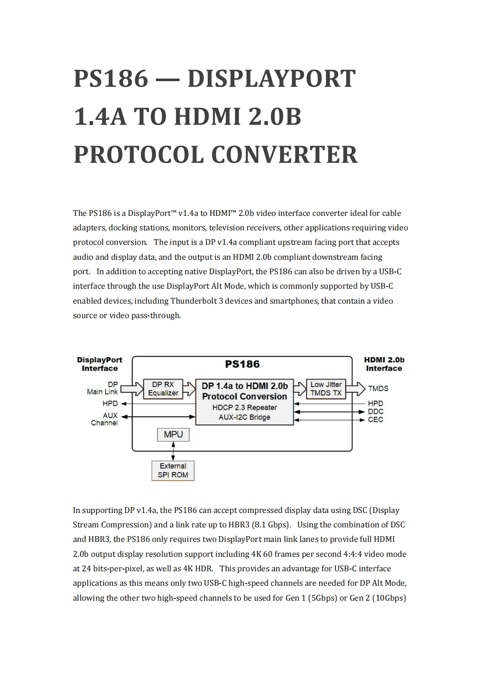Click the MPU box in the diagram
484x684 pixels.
173,434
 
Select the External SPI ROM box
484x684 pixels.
173,470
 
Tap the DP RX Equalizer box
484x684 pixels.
163,389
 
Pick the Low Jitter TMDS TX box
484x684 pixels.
326,389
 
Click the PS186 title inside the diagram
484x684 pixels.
242,364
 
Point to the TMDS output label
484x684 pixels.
378,389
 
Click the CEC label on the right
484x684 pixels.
376,420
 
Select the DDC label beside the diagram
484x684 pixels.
376,412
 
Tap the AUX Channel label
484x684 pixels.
105,419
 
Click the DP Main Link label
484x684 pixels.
103,388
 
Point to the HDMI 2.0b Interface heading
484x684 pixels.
384,364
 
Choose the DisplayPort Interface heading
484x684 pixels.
100,364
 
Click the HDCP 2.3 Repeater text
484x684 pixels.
245,408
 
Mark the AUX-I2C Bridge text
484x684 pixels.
245,417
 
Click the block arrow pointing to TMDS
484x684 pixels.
356,389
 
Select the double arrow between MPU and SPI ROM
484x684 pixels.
173,451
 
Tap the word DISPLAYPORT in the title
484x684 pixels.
271,79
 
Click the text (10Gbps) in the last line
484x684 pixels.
389,598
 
